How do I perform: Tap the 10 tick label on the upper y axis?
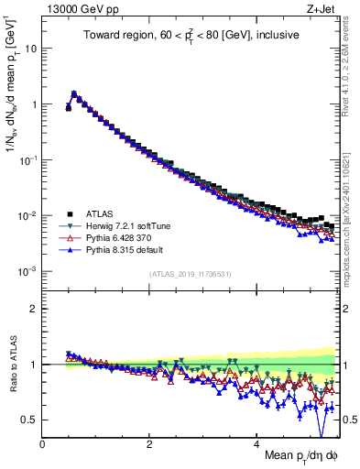click(30, 48)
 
